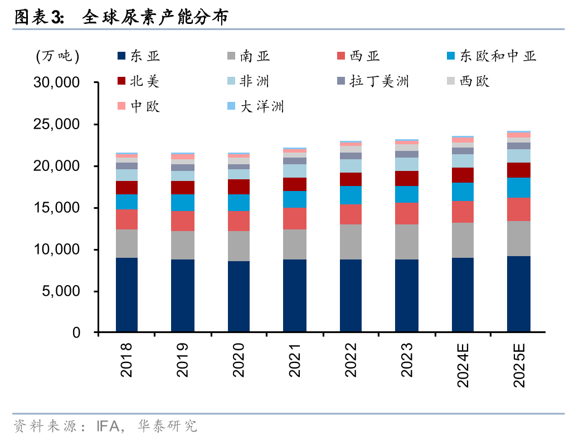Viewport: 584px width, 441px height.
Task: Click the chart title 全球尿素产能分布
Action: [x=155, y=18]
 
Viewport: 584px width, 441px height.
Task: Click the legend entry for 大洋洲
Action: [x=262, y=106]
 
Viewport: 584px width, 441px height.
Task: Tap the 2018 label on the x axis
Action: [x=127, y=360]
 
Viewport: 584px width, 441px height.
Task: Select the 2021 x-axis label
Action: [x=295, y=360]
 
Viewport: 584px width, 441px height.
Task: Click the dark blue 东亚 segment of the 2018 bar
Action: [x=127, y=295]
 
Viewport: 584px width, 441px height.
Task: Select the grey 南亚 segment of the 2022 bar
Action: [x=351, y=242]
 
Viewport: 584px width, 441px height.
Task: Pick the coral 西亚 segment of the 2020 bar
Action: [x=239, y=221]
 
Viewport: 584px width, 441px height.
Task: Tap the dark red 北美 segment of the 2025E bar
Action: [x=519, y=170]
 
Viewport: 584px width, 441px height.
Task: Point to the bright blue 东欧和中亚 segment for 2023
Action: [x=407, y=194]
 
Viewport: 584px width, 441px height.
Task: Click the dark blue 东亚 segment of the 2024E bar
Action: [x=463, y=295]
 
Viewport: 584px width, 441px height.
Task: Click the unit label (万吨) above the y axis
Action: [x=57, y=56]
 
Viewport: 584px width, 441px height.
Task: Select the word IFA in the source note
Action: [x=109, y=427]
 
